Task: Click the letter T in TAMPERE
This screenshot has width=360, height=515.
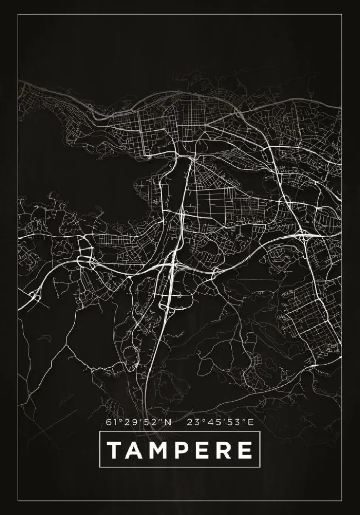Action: pos(115,450)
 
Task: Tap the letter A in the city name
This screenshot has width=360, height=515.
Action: pos(135,450)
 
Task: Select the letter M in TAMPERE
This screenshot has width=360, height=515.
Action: pos(158,450)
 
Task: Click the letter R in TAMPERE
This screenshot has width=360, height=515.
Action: pos(223,450)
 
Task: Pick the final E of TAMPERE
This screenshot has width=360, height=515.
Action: pos(244,450)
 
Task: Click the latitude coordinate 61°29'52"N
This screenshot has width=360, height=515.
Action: pos(138,422)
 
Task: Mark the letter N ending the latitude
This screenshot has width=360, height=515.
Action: pos(168,422)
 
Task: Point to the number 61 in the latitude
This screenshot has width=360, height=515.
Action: pos(110,422)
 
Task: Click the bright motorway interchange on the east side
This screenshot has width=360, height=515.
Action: pos(304,235)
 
